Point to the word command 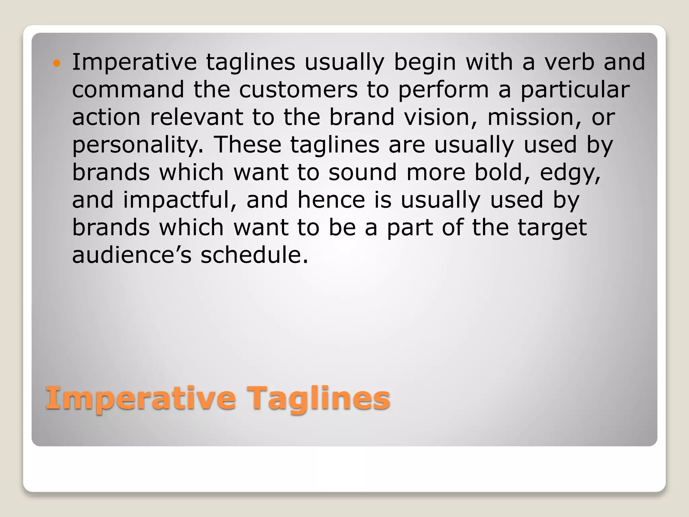tap(128, 90)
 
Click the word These tap(248, 145)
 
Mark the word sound tap(363, 173)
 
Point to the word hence tap(331, 200)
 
